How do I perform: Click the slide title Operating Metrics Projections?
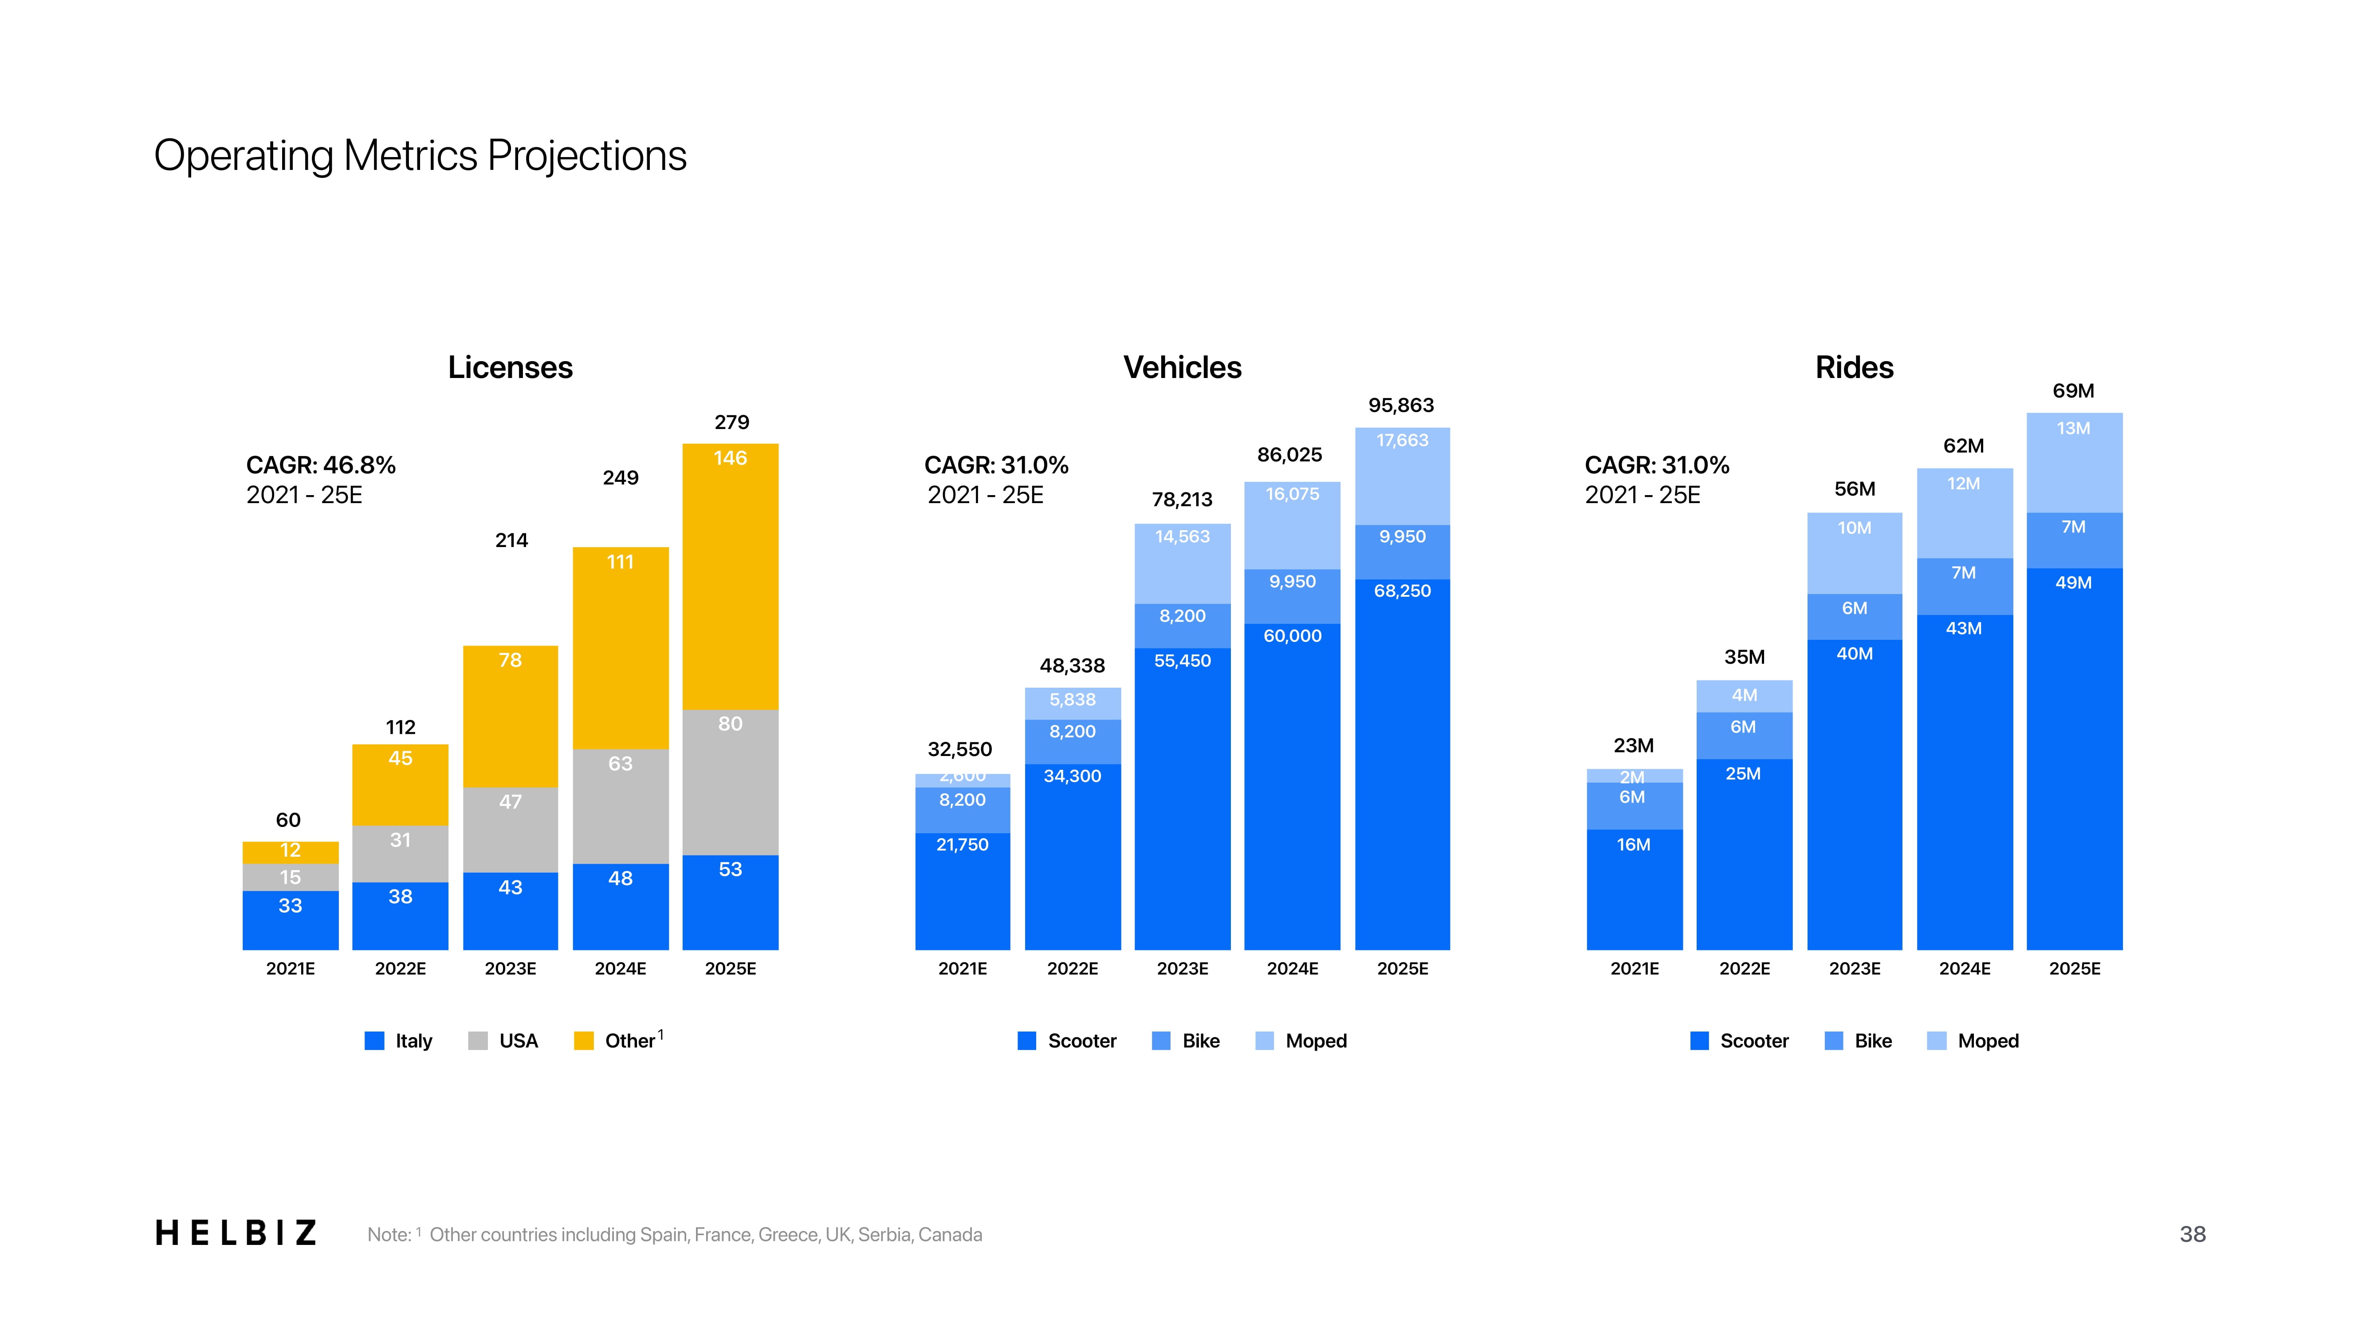point(420,155)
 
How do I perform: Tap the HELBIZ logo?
point(236,1233)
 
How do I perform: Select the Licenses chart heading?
point(510,367)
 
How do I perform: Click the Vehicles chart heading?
point(1182,367)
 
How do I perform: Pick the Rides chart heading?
point(1854,367)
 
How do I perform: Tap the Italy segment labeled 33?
point(290,918)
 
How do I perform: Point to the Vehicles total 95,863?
point(1401,405)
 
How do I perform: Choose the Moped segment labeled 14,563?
point(1182,560)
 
